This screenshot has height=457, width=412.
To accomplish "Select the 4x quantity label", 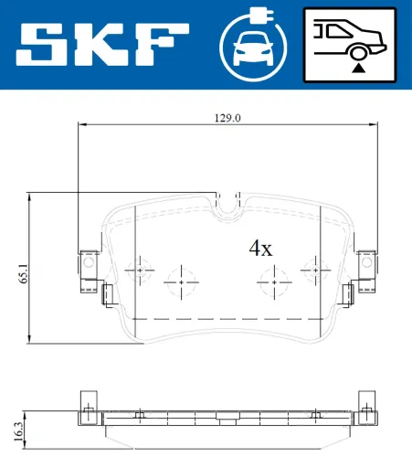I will pos(261,248).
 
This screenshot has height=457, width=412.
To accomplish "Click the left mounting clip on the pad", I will pos(89,263).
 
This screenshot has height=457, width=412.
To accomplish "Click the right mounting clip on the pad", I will pos(366,263).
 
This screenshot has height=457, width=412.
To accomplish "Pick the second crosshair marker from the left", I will pos(181,282).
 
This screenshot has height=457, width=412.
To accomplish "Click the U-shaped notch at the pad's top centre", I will pos(228,206).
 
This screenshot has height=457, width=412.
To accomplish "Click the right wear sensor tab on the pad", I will pos(348,293).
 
